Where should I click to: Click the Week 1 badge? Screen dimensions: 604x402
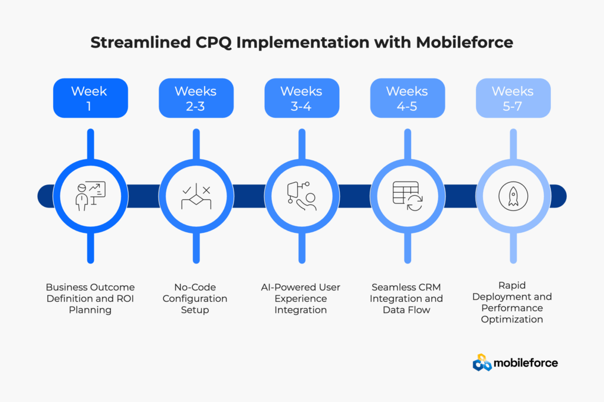tap(90, 98)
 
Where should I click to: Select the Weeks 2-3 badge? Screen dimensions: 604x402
tap(196, 98)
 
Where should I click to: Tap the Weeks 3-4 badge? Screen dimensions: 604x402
tap(301, 98)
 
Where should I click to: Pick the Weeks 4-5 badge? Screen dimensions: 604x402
tap(408, 98)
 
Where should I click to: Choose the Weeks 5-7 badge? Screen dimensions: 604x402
tap(513, 98)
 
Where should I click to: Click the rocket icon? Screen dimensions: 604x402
tap(513, 196)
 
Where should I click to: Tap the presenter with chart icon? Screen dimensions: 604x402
tap(90, 196)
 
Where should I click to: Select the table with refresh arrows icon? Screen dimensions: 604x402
tap(408, 196)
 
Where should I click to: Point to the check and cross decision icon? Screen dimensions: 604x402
tap(196, 196)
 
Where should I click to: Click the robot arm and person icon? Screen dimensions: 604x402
tap(301, 196)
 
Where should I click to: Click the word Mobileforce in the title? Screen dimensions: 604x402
tap(465, 42)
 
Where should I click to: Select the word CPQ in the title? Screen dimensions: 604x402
tap(214, 43)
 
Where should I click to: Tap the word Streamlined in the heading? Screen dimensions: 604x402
tap(140, 42)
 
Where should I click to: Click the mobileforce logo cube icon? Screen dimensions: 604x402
tap(482, 363)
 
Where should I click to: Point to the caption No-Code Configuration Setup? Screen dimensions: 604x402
tap(195, 298)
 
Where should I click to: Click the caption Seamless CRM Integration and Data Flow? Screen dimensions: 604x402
tap(406, 298)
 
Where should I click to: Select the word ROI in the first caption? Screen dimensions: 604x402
tap(124, 298)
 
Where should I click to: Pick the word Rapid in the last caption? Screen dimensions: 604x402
tap(512, 285)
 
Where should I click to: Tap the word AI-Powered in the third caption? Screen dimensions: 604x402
tap(285, 287)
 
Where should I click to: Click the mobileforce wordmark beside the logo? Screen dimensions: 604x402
tap(526, 363)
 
